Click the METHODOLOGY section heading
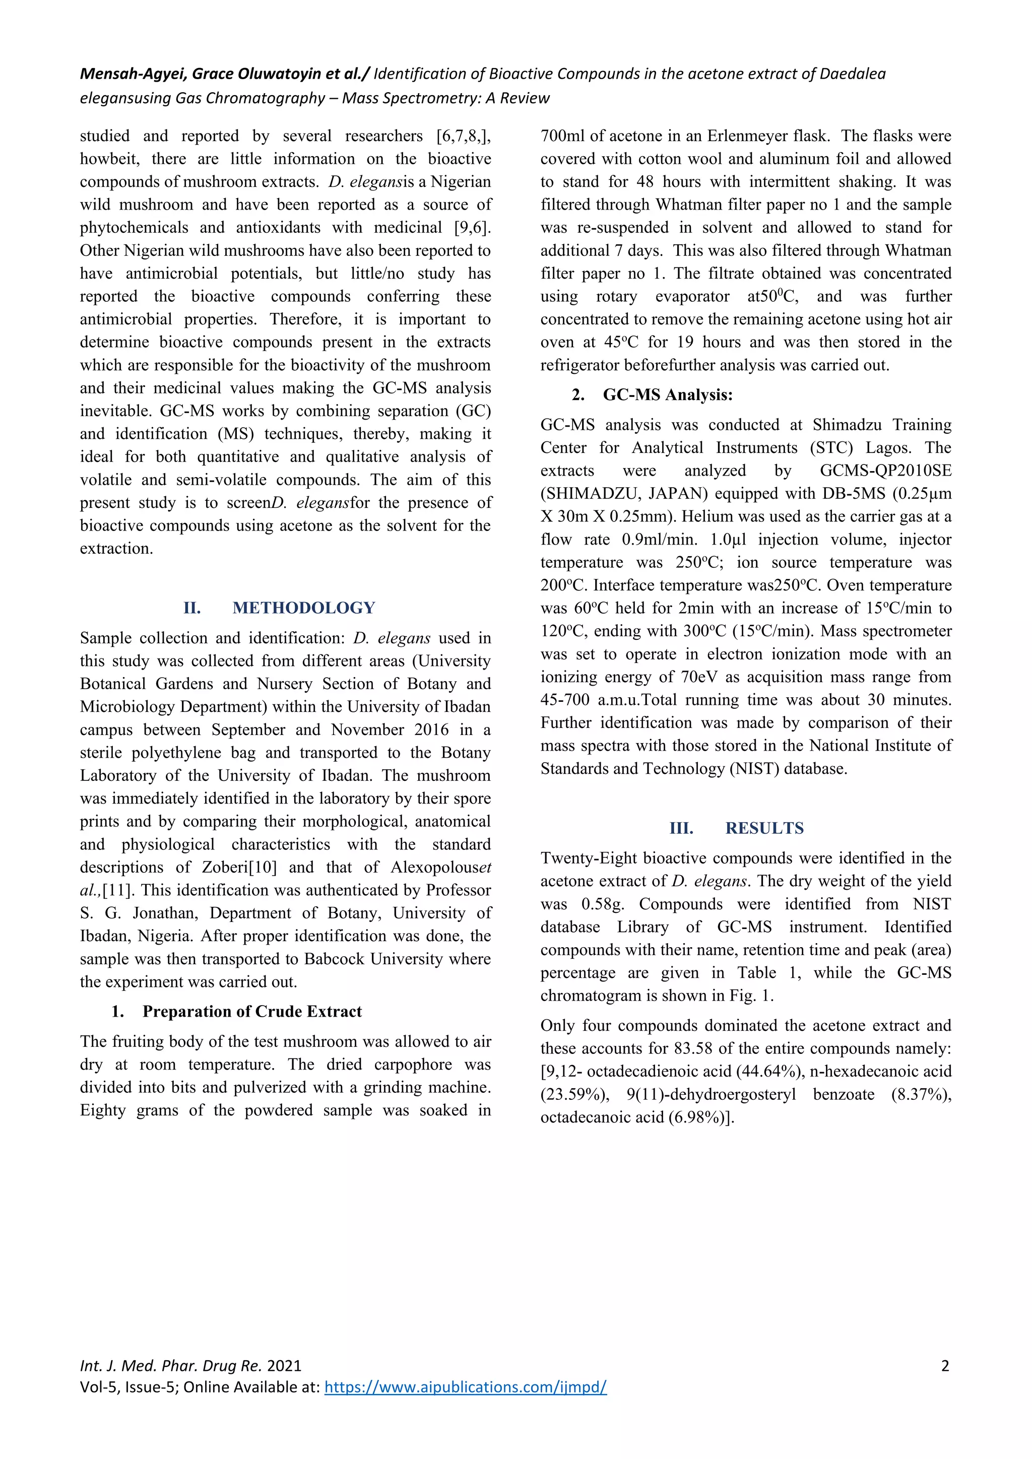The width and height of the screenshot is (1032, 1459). point(304,608)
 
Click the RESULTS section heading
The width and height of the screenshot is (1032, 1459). point(764,828)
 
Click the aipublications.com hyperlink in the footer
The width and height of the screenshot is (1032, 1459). point(465,1386)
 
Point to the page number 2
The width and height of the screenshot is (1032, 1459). point(945,1366)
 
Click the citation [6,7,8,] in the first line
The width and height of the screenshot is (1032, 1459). point(463,136)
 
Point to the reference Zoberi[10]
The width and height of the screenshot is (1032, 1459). point(239,868)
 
